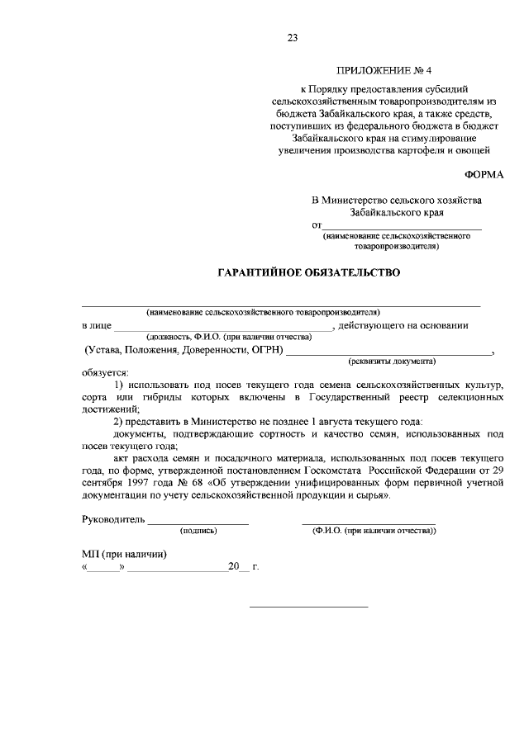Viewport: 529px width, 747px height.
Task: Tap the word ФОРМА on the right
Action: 483,175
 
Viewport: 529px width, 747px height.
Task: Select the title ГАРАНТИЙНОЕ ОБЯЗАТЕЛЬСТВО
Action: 308,272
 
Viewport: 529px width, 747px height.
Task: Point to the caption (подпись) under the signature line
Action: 198,531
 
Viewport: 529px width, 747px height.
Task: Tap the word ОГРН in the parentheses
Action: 262,350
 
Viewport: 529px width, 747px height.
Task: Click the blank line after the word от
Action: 402,225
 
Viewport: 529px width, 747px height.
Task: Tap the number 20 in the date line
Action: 233,567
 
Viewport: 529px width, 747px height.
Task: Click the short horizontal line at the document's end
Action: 308,608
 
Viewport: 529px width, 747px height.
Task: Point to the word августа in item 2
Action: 324,422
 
